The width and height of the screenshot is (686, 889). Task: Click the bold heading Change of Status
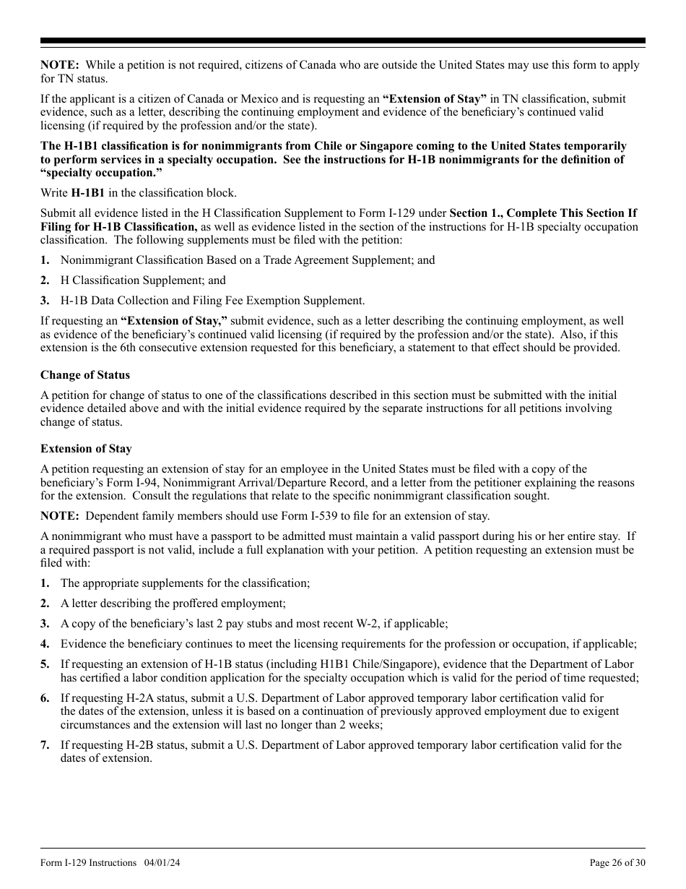(x=85, y=375)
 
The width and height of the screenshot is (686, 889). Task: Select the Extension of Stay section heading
(x=86, y=449)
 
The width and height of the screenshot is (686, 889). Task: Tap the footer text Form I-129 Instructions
(x=88, y=862)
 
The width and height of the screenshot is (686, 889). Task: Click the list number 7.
(x=45, y=745)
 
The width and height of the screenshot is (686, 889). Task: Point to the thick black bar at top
(x=343, y=41)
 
